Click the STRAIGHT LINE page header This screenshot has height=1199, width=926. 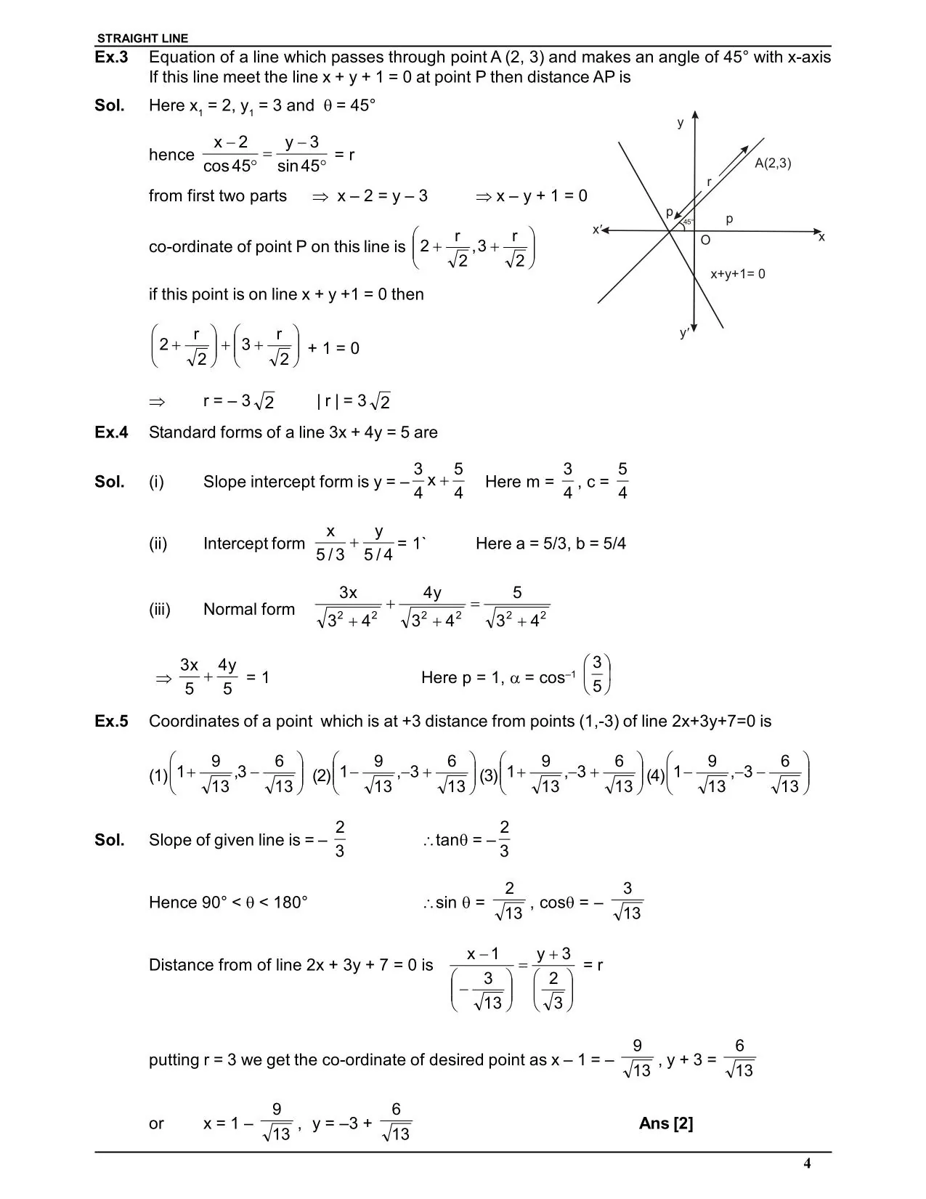tap(142, 39)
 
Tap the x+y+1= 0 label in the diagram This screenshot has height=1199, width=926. tap(737, 274)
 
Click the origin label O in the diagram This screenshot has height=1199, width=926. tap(705, 240)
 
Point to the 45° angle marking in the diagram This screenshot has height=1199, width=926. tap(688, 221)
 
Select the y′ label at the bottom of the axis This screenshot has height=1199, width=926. tap(684, 333)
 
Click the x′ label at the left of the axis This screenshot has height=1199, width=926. tap(597, 230)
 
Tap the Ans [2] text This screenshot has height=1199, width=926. tap(666, 1123)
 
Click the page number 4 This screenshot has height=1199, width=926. tap(807, 1163)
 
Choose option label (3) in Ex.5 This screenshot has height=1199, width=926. tap(489, 775)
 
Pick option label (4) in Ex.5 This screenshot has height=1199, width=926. tap(655, 775)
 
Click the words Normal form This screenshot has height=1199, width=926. tap(249, 609)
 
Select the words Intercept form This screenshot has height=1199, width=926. tap(254, 544)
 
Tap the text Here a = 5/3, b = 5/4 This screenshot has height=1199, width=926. tap(551, 544)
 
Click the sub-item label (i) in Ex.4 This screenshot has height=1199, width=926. tap(157, 482)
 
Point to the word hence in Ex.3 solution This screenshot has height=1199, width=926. tap(171, 155)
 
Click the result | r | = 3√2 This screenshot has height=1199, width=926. tap(354, 401)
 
